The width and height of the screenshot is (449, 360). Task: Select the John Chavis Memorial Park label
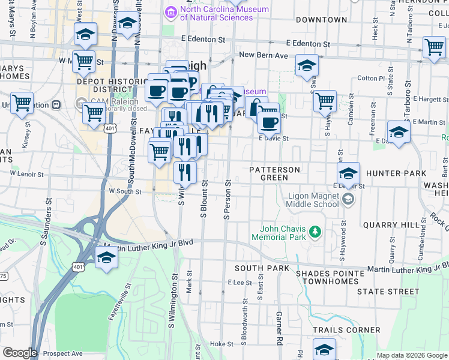(x=283, y=233)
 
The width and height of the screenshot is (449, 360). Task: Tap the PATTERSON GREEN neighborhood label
(x=275, y=173)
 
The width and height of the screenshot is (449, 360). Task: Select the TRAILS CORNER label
(x=346, y=330)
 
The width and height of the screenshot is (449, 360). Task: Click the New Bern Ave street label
(x=265, y=55)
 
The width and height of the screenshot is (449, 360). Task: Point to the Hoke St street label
(x=221, y=344)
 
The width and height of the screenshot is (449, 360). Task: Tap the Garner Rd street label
(x=280, y=328)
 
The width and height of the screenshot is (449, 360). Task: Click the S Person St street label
(x=228, y=199)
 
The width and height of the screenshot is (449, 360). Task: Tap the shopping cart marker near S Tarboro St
(x=433, y=47)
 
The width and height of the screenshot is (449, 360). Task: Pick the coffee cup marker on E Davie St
(x=269, y=122)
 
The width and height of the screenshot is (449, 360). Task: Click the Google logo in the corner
(x=19, y=353)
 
